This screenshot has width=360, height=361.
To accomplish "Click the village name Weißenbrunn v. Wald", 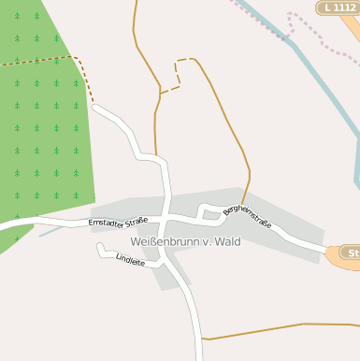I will click(x=185, y=241).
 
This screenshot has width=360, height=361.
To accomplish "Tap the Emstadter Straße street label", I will click(x=118, y=222).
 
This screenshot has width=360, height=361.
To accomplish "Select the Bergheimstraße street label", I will click(x=247, y=217).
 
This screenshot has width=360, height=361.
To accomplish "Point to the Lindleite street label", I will click(x=130, y=261).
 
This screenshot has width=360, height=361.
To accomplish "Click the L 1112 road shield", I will click(x=338, y=7).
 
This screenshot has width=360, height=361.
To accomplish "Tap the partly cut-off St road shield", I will click(x=352, y=253).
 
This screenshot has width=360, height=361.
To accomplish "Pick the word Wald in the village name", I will click(x=226, y=241).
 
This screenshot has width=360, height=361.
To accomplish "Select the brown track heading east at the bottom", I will click(x=281, y=327).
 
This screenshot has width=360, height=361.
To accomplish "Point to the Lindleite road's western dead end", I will click(x=99, y=247).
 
